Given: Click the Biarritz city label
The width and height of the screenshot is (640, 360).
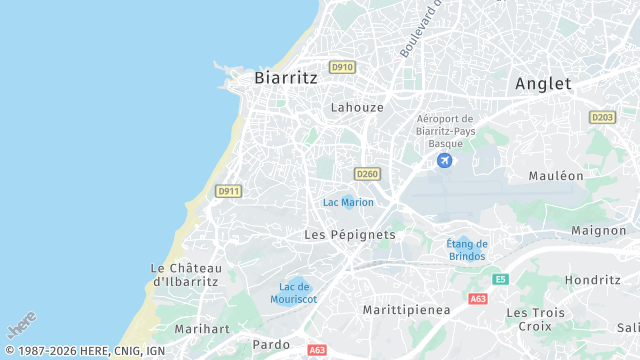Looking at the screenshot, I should point(286,77).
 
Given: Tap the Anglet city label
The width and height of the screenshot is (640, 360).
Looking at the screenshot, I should point(543,84).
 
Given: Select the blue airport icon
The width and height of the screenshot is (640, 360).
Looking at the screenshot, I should point(445,160).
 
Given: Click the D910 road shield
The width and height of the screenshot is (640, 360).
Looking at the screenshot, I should point(343,67).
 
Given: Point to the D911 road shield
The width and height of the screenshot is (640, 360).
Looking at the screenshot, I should point(228,191).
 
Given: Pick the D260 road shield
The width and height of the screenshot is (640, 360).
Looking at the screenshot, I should point(367,174).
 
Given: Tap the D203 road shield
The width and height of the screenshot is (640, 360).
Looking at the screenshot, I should point(602,117).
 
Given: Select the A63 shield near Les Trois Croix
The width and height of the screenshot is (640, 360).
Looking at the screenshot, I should point(478,299).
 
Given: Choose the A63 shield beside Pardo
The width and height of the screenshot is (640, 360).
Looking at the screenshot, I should point(317,350).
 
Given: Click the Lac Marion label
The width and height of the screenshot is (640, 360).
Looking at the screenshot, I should point(348,202).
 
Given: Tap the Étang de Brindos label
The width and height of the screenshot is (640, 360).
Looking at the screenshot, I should point(467,250).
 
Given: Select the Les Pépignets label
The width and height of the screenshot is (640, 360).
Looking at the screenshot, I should point(350,234).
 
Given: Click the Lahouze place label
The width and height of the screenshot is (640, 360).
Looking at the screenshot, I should point(357,107).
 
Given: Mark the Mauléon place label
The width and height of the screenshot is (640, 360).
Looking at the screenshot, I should point(556,176).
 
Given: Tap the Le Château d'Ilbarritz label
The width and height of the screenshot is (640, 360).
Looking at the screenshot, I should point(186,275).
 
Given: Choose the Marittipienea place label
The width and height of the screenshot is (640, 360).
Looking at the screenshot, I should point(407,310).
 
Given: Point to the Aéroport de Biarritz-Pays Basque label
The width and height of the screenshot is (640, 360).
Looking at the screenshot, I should point(445,130).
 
